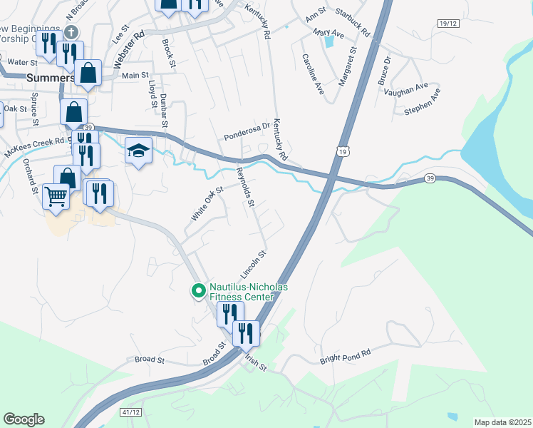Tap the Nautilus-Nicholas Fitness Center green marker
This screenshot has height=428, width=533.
point(198,290)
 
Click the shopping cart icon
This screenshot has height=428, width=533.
point(56,195)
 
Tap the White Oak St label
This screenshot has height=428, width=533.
point(207,203)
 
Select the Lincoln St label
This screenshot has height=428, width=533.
point(253,264)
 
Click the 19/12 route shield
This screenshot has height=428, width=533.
point(448,24)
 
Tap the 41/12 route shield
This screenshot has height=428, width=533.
point(130,412)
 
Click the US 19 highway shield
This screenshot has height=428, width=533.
point(343,151)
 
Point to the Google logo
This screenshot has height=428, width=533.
point(24,419)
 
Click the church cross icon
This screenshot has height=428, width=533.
point(71,32)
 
